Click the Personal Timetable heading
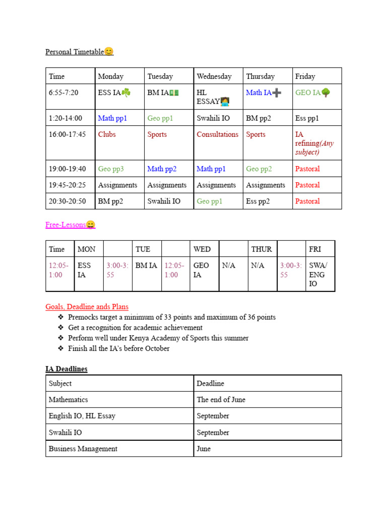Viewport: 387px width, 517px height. pyautogui.click(x=75, y=52)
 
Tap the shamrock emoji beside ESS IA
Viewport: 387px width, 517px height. pyautogui.click(x=126, y=93)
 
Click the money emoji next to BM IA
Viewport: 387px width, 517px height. pyautogui.click(x=174, y=93)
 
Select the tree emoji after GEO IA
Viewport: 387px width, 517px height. pyautogui.click(x=326, y=93)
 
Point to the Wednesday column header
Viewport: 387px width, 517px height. pyautogui.click(x=214, y=77)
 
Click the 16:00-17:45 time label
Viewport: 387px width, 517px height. pyautogui.click(x=67, y=134)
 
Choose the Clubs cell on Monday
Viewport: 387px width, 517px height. pyautogui.click(x=107, y=134)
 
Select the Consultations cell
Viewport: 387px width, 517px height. pyautogui.click(x=217, y=134)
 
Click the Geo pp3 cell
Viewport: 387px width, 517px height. pyautogui.click(x=111, y=169)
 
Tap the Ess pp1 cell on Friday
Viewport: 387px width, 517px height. pyautogui.click(x=307, y=118)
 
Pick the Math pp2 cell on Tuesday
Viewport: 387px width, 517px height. pyautogui.click(x=162, y=169)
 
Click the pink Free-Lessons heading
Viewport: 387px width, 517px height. pyautogui.click(x=66, y=225)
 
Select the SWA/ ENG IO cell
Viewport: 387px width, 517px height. pyautogui.click(x=317, y=275)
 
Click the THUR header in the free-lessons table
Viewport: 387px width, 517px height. pyautogui.click(x=262, y=249)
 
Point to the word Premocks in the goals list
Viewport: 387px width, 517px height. pyautogui.click(x=84, y=317)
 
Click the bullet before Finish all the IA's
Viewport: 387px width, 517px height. pyautogui.click(x=61, y=348)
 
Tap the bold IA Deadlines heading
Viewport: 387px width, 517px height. pyautogui.click(x=66, y=369)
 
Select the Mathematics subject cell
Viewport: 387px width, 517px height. pyautogui.click(x=68, y=399)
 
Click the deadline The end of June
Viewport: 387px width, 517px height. pyautogui.click(x=221, y=399)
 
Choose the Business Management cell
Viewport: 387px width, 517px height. pyautogui.click(x=83, y=449)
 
